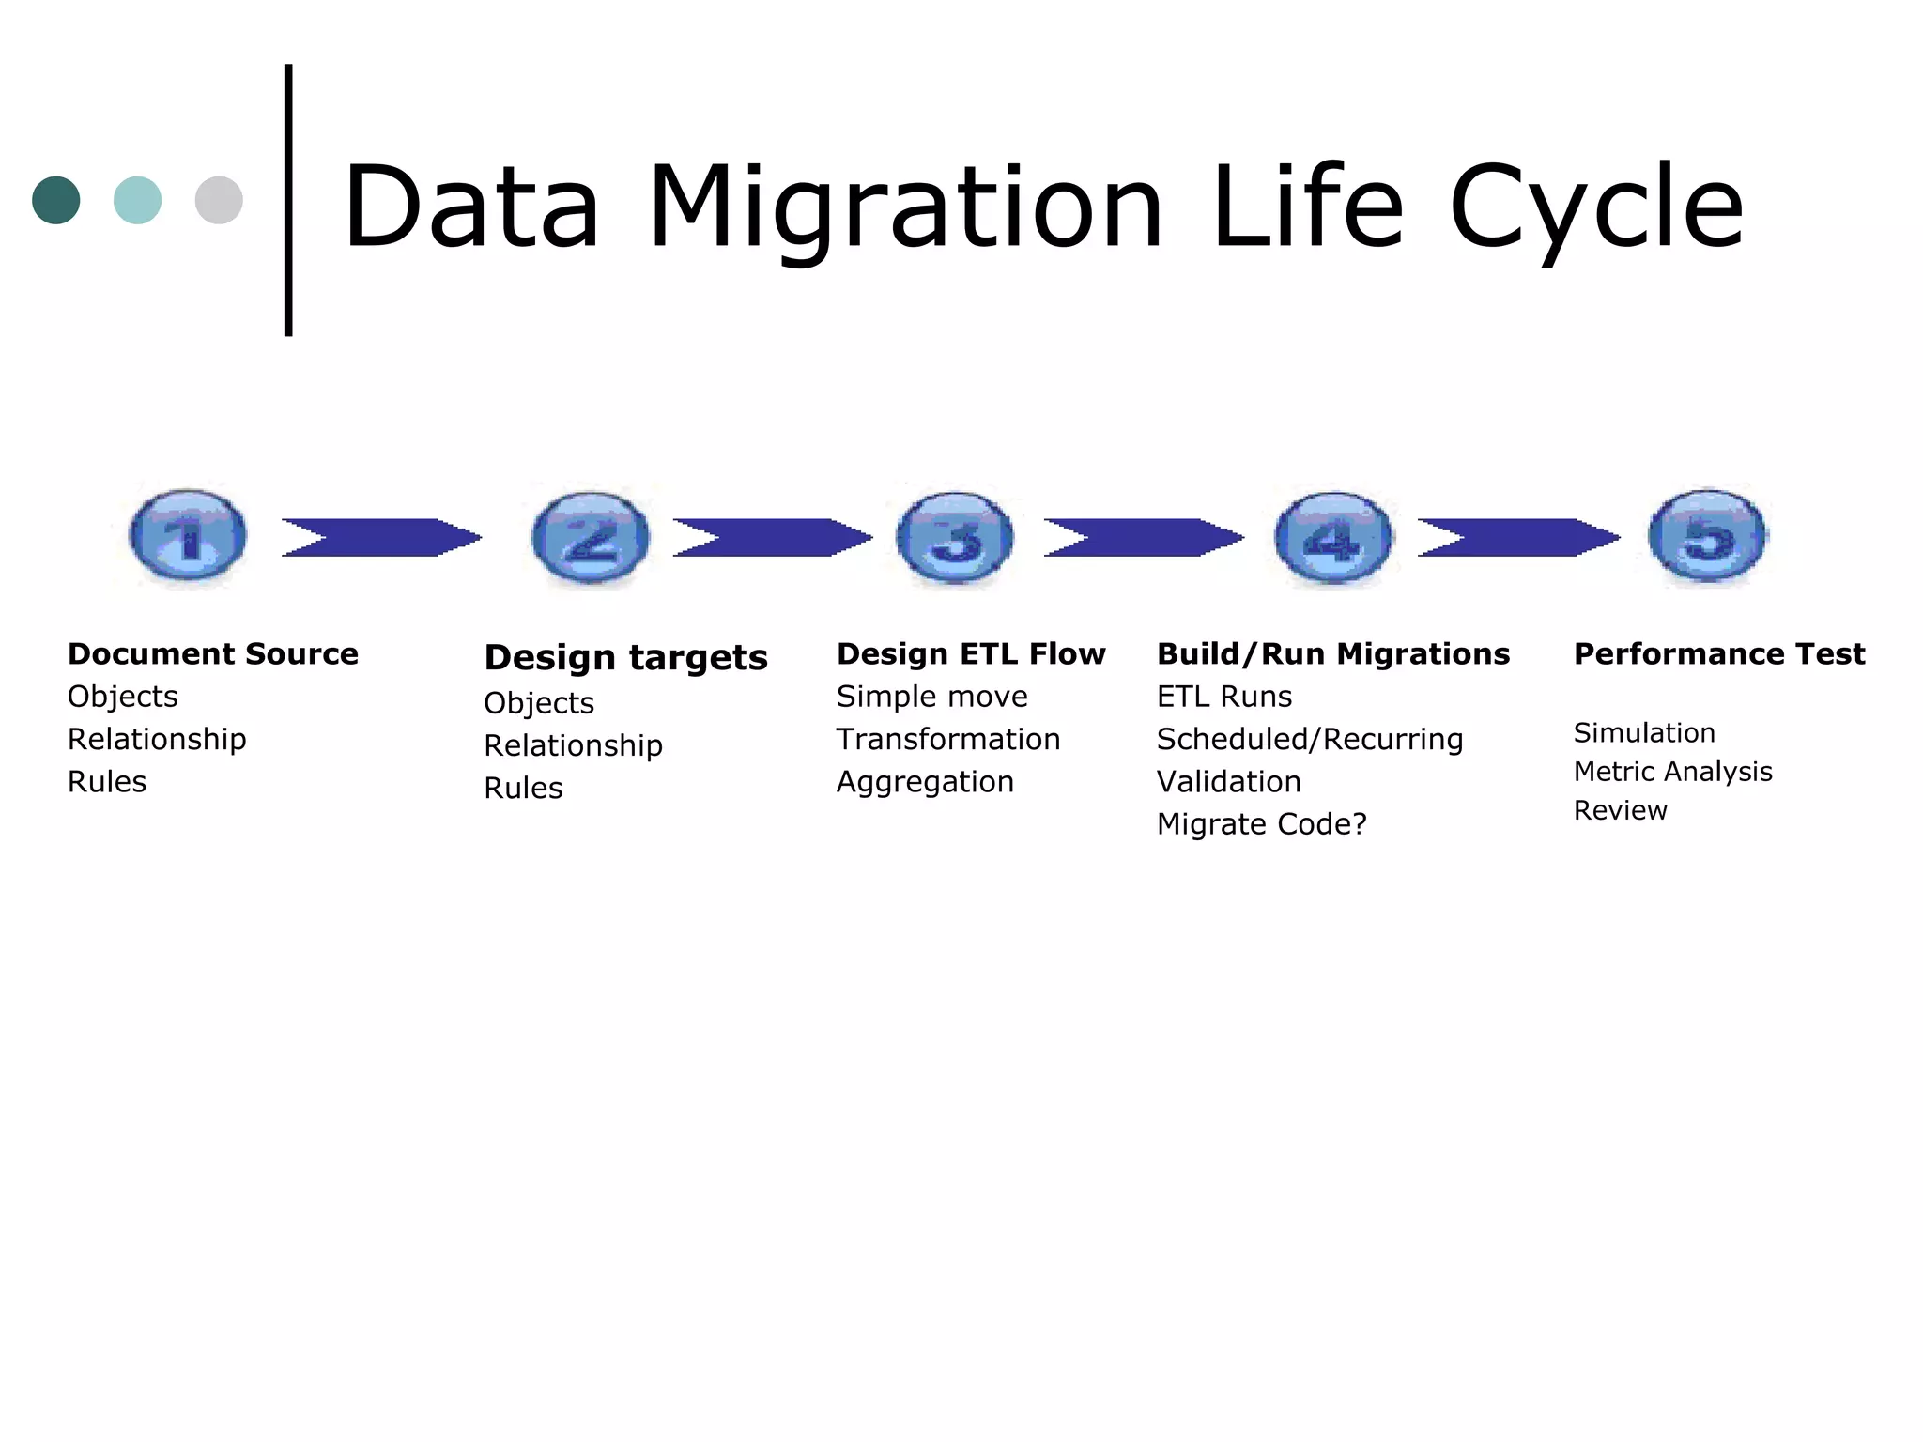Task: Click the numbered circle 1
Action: pos(188,537)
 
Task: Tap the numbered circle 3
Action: pos(955,538)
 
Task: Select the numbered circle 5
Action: pos(1707,536)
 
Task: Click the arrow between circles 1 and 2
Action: pos(381,538)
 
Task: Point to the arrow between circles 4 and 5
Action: pos(1517,538)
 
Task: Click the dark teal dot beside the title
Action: pos(56,200)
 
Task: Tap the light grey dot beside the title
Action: pos(219,200)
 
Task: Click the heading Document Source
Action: pos(213,653)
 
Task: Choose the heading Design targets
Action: pos(625,657)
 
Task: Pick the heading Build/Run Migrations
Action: pos(1332,653)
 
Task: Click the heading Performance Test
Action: pos(1718,653)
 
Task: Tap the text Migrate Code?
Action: pos(1261,824)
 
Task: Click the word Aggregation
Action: pos(925,782)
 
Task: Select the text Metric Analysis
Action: pos(1672,772)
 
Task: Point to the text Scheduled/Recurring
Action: pos(1309,740)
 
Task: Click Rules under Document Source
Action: pos(107,782)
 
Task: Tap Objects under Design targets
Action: pos(539,703)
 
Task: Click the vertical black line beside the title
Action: pos(288,200)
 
